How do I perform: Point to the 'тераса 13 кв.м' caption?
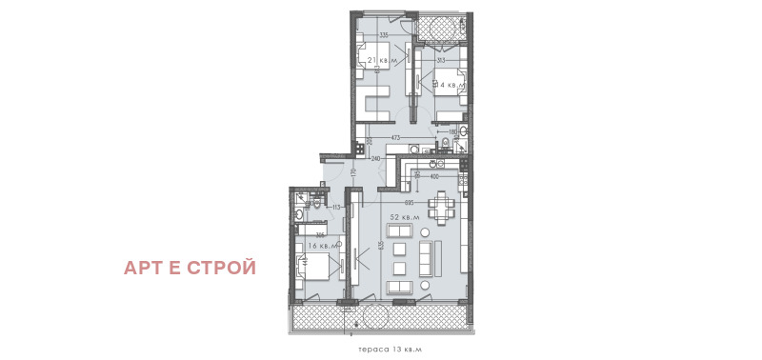[x=381, y=350]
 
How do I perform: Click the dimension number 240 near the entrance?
[x=376, y=158]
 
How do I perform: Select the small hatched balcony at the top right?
[x=441, y=30]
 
